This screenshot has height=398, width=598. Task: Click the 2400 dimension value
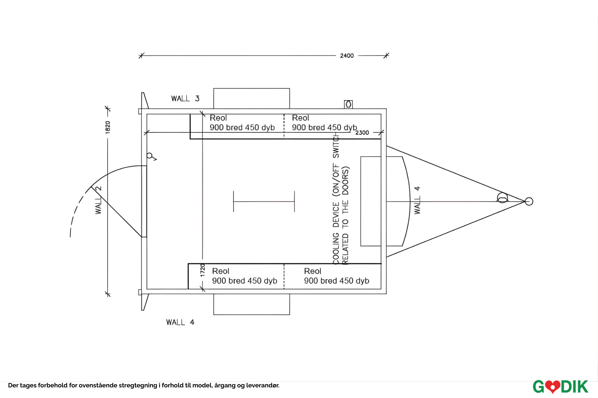[x=347, y=56]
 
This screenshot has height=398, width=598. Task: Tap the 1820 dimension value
[x=108, y=128]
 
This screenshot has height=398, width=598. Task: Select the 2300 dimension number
[x=362, y=133]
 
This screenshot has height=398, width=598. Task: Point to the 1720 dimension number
[x=203, y=270]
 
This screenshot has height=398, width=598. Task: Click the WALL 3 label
[x=185, y=99]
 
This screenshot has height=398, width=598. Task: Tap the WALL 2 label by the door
[x=98, y=200]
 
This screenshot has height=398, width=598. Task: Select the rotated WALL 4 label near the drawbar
[x=417, y=200]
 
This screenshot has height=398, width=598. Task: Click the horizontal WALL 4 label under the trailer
[x=180, y=322]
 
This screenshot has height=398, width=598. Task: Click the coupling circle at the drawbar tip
[x=529, y=201]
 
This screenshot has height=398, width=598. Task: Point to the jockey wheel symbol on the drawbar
[x=502, y=198]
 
